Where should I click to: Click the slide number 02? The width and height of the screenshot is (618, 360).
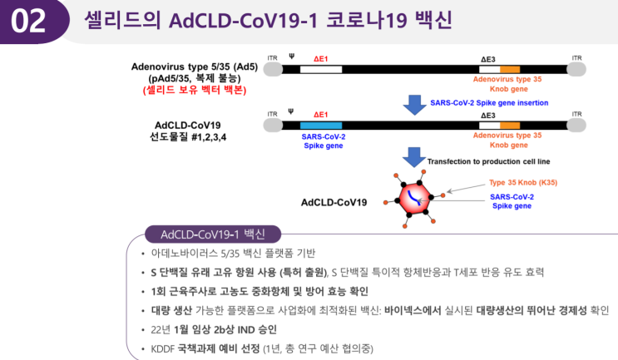(28, 21)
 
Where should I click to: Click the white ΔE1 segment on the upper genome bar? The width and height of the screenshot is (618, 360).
(321, 69)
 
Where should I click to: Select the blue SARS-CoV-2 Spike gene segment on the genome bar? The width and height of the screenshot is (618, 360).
(321, 126)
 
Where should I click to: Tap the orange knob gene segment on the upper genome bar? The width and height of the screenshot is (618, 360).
(510, 70)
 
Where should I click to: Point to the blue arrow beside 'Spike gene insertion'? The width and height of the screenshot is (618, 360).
(414, 105)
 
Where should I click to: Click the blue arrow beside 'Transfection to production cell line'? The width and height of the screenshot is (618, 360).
(414, 157)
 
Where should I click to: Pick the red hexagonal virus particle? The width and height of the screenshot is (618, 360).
(414, 199)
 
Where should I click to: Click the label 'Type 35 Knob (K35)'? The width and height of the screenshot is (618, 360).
(523, 182)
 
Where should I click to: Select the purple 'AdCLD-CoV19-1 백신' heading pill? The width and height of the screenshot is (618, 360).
(213, 234)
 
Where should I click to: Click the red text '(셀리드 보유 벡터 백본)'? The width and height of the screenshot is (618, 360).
(195, 90)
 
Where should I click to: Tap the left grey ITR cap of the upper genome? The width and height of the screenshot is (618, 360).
(273, 69)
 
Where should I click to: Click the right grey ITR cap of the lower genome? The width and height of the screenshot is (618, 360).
(576, 126)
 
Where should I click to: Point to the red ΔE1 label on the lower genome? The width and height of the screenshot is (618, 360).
(320, 115)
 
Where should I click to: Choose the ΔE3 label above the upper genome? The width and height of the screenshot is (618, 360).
(488, 60)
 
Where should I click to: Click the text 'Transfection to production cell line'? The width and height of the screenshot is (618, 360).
(488, 161)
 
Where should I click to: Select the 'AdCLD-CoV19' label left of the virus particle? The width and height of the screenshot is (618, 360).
(334, 203)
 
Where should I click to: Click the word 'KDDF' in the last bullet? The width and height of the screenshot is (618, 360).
(163, 349)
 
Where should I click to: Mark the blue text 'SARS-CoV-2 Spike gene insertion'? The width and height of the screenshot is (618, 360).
(489, 103)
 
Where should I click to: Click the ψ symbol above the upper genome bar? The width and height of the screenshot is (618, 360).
(292, 57)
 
